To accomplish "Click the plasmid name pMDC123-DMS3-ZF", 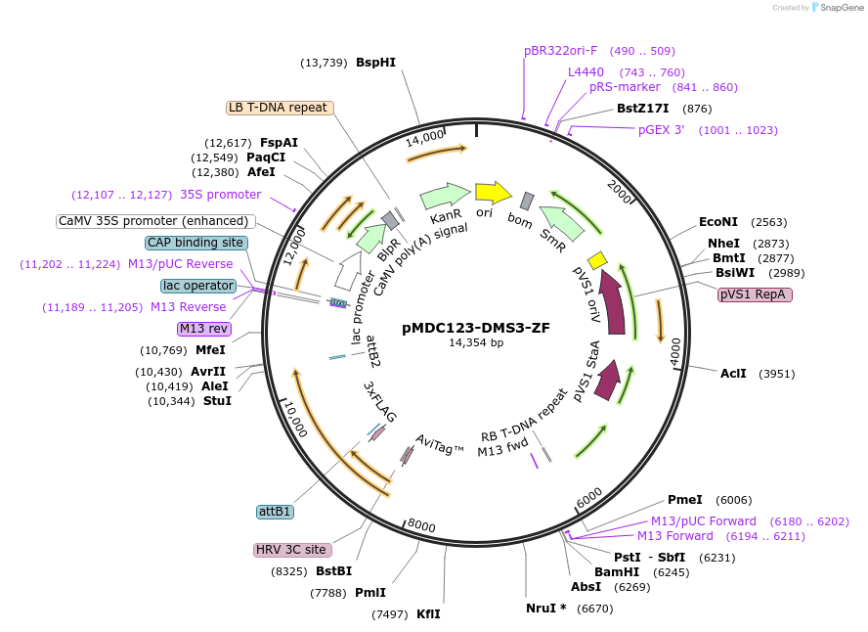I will pyautogui.click(x=475, y=328).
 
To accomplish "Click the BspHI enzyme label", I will pyautogui.click(x=375, y=63).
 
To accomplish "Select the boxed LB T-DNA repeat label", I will pyautogui.click(x=279, y=108).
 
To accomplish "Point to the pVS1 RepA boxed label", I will pyautogui.click(x=755, y=294).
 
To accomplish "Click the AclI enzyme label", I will pyautogui.click(x=733, y=374).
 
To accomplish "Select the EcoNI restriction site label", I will pyautogui.click(x=718, y=222).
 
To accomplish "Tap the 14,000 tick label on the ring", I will pyautogui.click(x=424, y=138).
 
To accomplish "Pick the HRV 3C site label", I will pyautogui.click(x=291, y=550).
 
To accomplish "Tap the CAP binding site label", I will pyautogui.click(x=195, y=243).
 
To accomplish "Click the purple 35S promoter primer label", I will pyautogui.click(x=220, y=195).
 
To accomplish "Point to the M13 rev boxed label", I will pyautogui.click(x=202, y=328).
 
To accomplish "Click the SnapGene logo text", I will pyautogui.click(x=841, y=8).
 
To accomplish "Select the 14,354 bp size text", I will pyautogui.click(x=476, y=343).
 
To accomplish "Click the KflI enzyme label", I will pyautogui.click(x=428, y=614).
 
